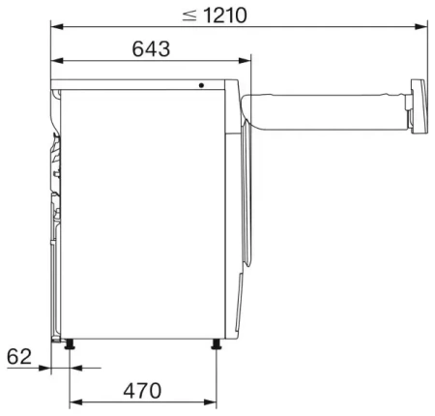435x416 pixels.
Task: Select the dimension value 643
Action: coord(150,47)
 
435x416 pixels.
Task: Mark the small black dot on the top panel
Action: coord(202,85)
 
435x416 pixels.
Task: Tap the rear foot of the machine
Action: coord(70,343)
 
